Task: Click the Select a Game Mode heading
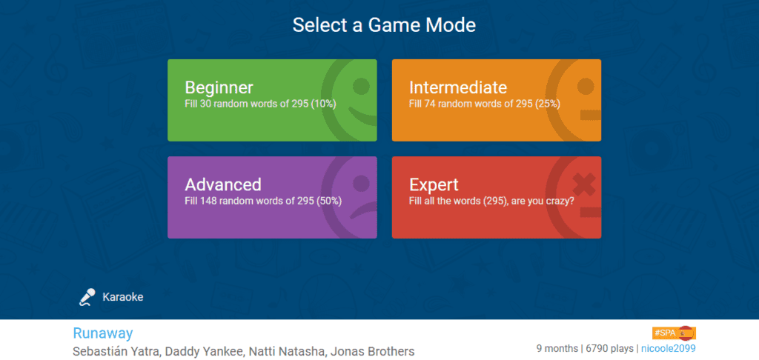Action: [x=384, y=25]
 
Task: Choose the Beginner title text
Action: [x=219, y=87]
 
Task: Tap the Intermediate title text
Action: [x=458, y=87]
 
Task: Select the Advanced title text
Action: [x=223, y=184]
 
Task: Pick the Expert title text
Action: [x=434, y=185]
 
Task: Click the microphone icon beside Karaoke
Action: [x=87, y=297]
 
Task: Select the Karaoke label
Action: [x=123, y=297]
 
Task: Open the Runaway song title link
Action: [x=102, y=333]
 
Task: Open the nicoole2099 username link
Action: [x=669, y=348]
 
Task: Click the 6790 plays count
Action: [x=610, y=348]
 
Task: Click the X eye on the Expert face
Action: [x=584, y=185]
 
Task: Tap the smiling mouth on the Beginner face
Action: [x=364, y=116]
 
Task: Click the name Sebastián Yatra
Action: [x=116, y=351]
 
